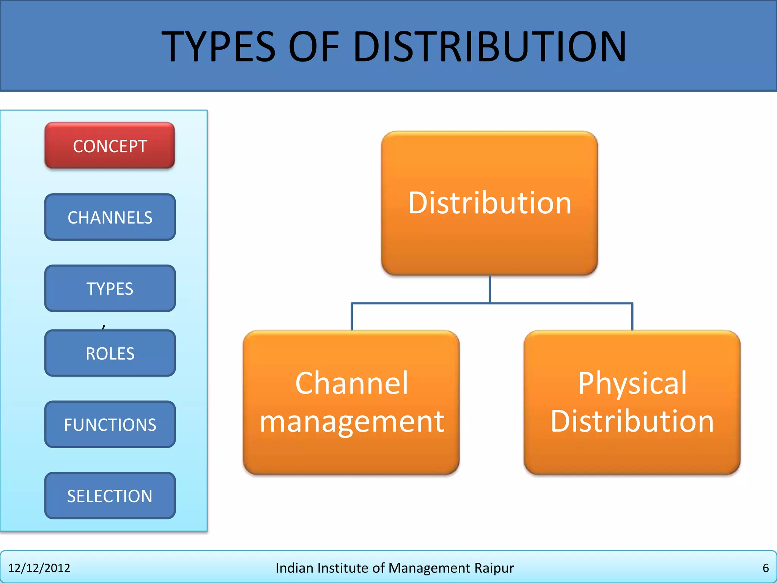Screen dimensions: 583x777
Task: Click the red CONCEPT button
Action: point(110,146)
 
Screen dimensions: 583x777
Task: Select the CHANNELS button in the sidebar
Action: point(110,217)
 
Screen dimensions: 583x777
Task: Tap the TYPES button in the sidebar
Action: point(110,288)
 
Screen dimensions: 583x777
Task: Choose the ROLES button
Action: point(110,353)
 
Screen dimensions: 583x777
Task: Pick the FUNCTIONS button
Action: point(110,424)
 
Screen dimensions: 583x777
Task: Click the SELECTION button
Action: point(110,496)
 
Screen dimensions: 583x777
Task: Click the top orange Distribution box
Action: point(489,203)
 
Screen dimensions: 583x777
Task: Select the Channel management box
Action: point(351,402)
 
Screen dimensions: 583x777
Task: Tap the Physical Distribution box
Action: point(632,402)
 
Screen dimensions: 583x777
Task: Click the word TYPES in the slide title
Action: point(218,47)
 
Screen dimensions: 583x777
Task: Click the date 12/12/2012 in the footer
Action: point(39,568)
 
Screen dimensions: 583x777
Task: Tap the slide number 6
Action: point(766,568)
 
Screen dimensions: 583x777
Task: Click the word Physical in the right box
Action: point(632,383)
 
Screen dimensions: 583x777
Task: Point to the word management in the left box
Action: point(351,422)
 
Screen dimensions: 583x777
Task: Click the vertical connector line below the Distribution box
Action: point(490,289)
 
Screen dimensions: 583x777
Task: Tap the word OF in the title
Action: point(314,47)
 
